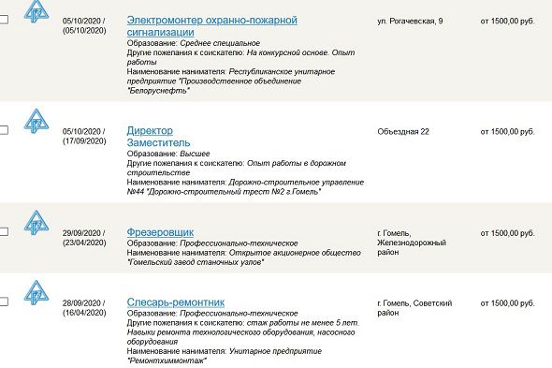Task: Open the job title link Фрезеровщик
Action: click(x=161, y=232)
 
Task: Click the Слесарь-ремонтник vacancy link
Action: click(x=175, y=302)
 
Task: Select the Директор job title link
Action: click(x=150, y=130)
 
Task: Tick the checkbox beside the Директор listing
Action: click(x=4, y=130)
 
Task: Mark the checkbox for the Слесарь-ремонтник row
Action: click(x=4, y=302)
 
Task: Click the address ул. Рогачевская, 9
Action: click(x=416, y=20)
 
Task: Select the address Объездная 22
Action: click(x=403, y=130)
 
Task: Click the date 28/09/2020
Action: click(x=84, y=302)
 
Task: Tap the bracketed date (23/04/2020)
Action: click(x=84, y=243)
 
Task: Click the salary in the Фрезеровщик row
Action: click(x=506, y=232)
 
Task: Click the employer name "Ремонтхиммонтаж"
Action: click(x=166, y=361)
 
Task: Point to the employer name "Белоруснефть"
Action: click(x=158, y=91)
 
